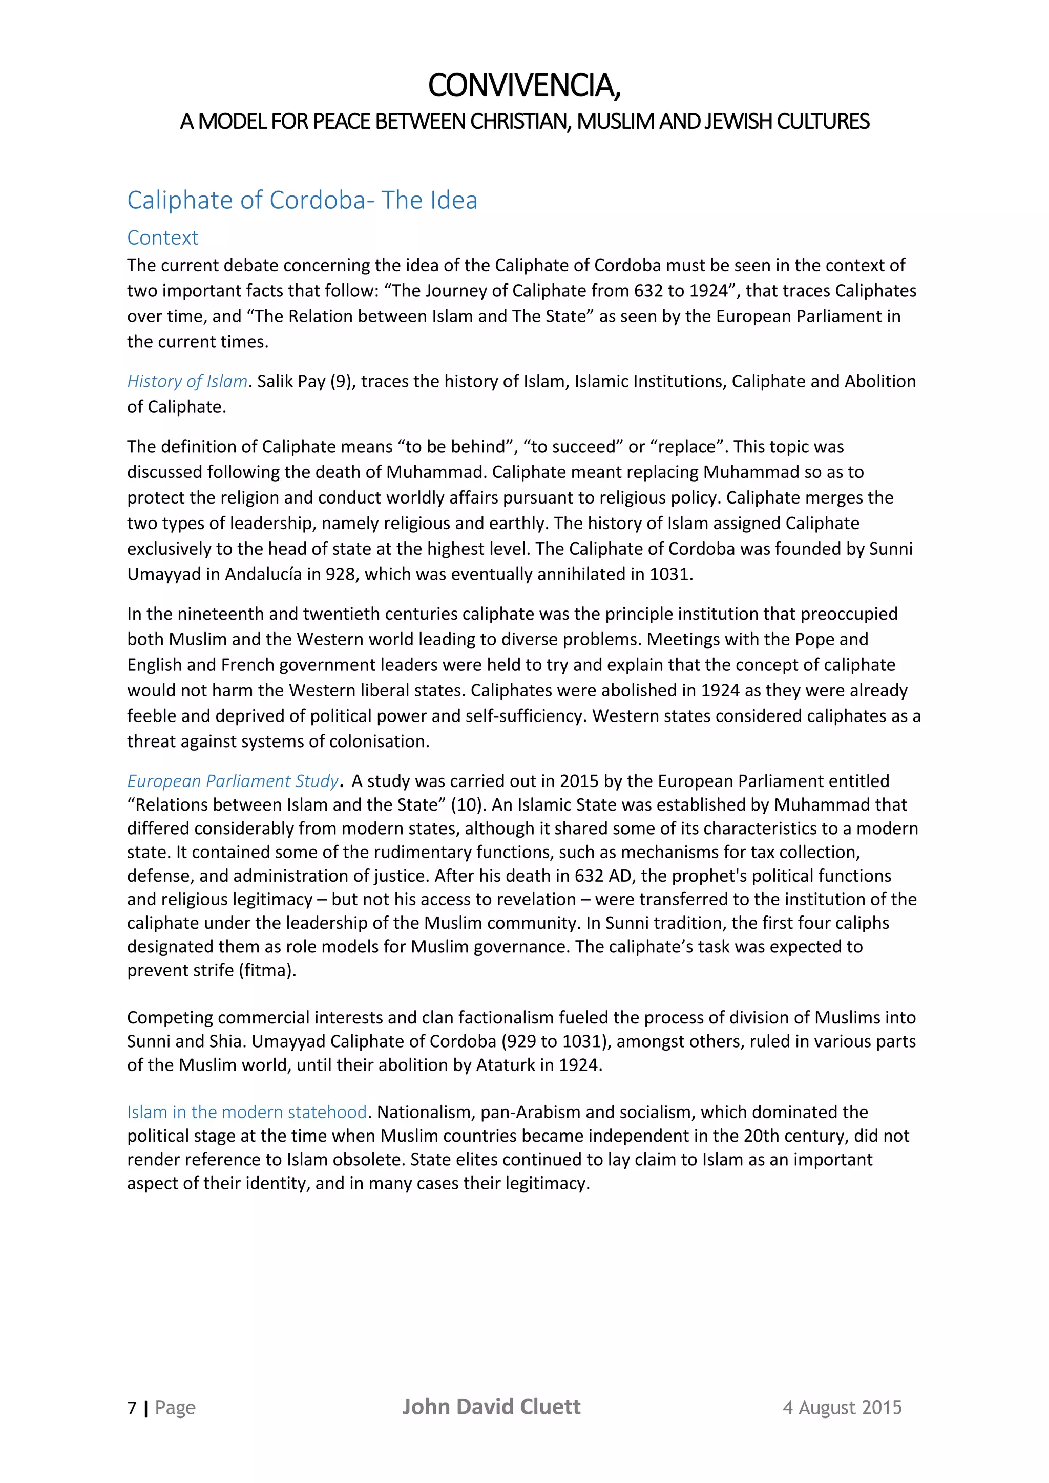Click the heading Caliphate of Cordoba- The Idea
click(302, 200)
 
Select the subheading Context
click(162, 237)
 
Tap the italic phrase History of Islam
click(187, 382)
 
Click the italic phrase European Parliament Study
click(232, 781)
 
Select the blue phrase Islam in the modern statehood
click(247, 1113)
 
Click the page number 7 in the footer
click(132, 1408)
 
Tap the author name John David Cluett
click(491, 1407)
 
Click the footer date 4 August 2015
click(842, 1408)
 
